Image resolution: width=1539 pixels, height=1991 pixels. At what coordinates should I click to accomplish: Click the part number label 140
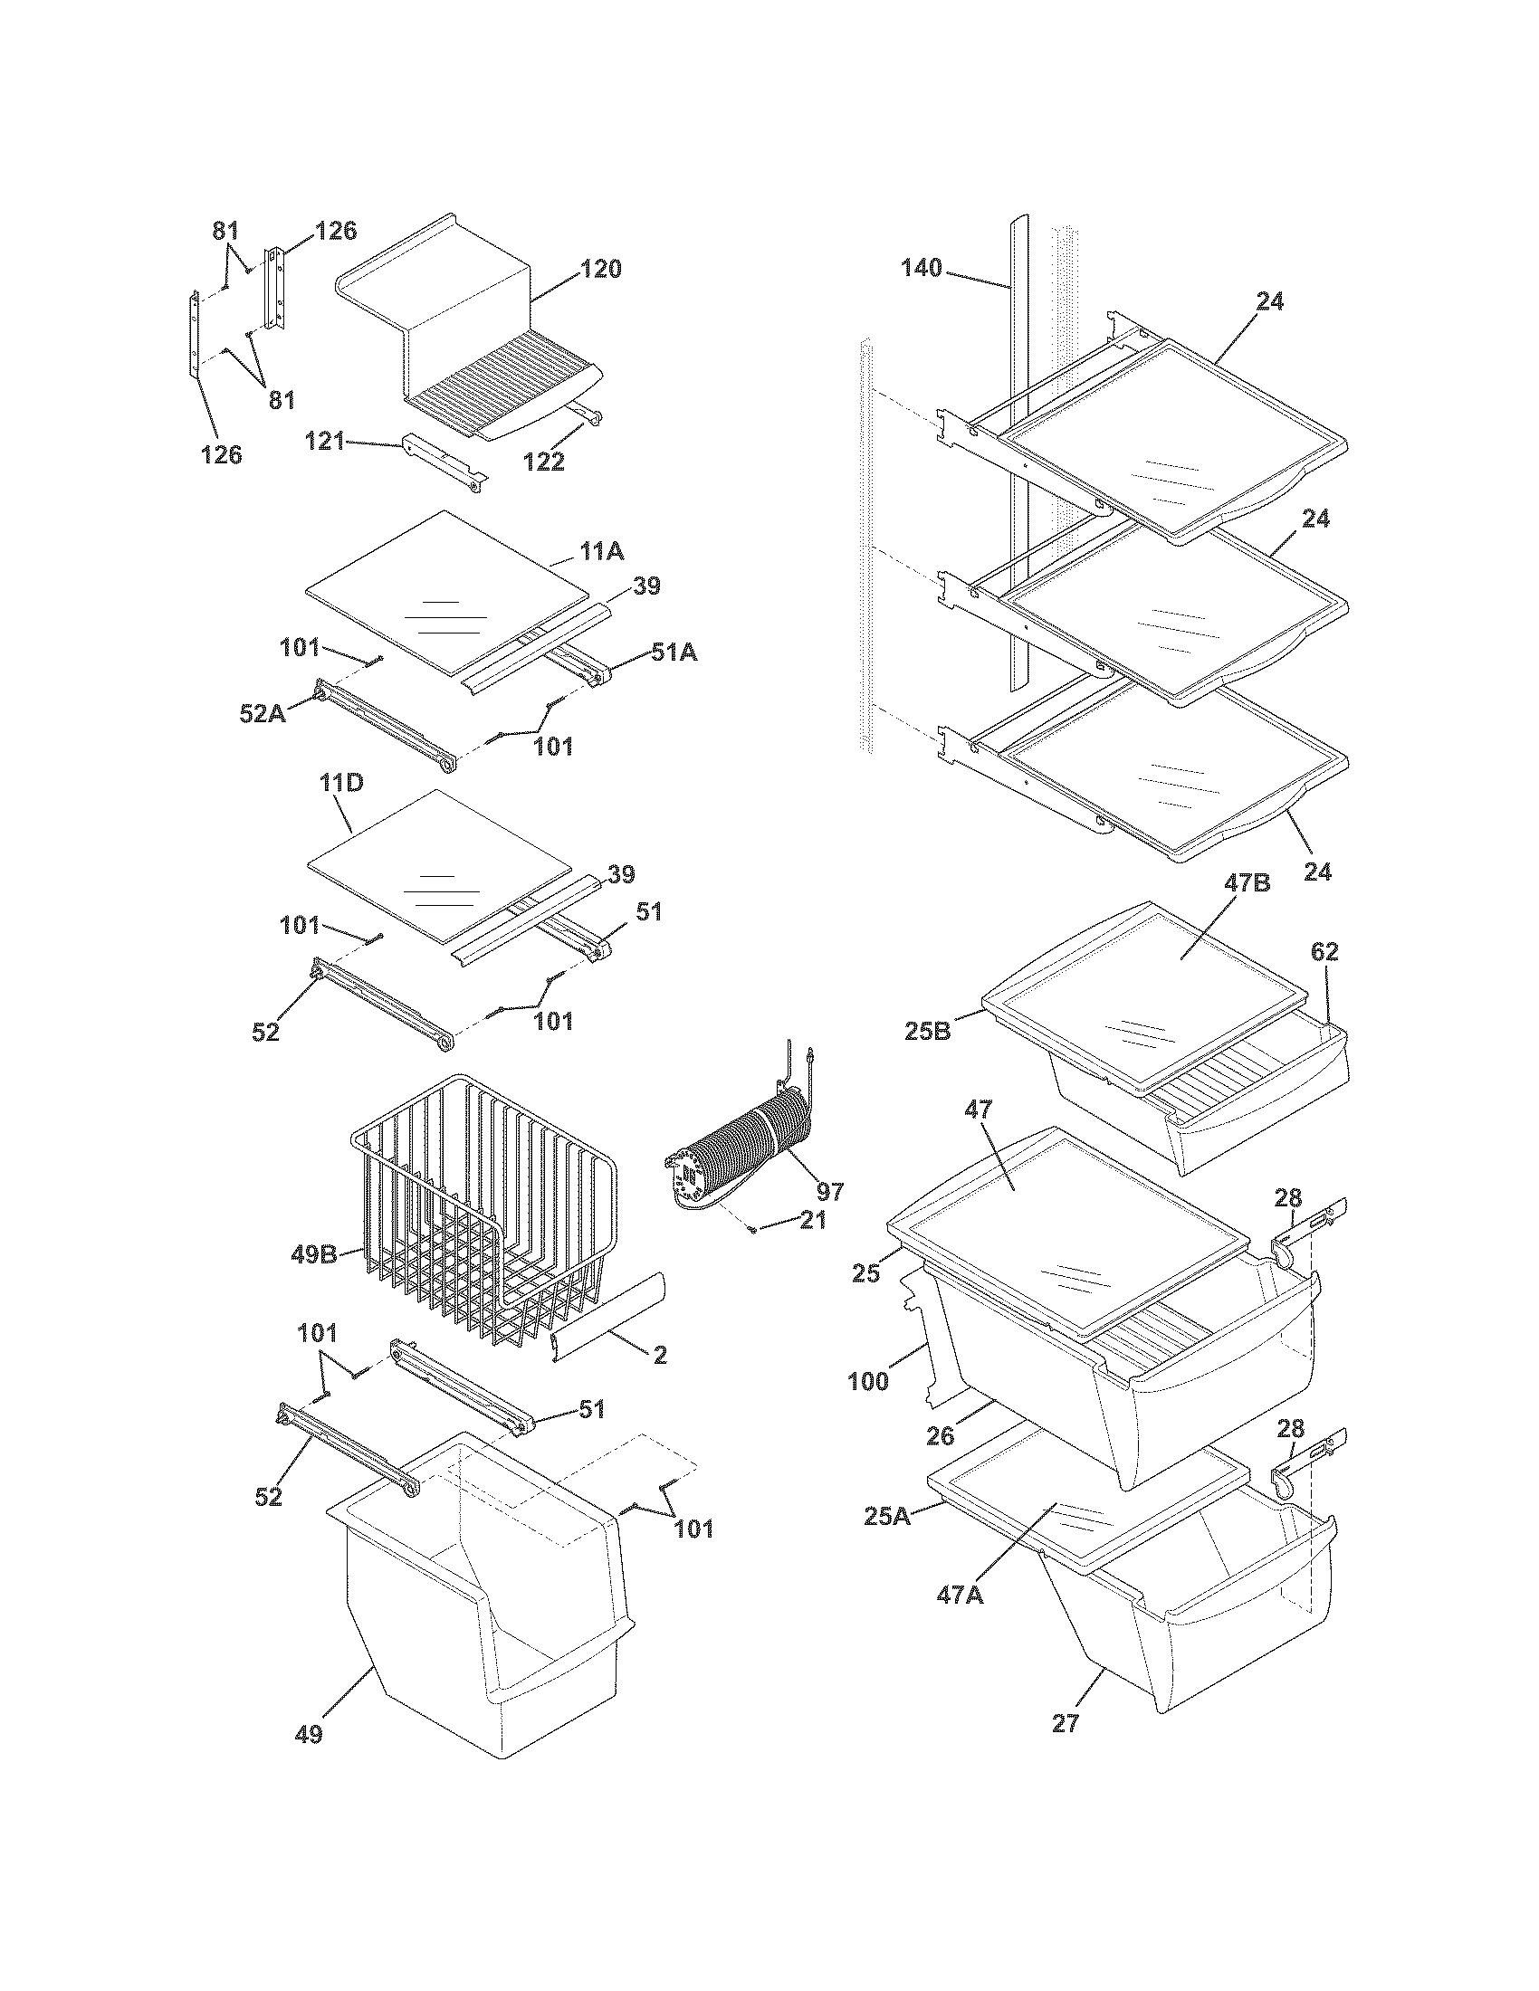coord(922,268)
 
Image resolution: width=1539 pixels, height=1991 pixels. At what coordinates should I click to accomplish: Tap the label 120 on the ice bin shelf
coord(601,269)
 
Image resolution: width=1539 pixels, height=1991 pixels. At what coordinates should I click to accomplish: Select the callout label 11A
coord(602,550)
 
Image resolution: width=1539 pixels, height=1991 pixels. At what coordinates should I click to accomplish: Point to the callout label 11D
coord(341,783)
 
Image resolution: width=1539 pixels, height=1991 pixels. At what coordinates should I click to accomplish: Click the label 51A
coord(674,653)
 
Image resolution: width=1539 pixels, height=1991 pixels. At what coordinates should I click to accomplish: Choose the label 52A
coord(262,714)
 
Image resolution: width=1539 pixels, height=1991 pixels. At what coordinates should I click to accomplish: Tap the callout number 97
coord(829,1191)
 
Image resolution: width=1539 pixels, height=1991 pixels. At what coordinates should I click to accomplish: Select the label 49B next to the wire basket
coord(314,1254)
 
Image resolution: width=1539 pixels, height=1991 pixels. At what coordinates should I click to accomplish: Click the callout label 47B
coord(1248,883)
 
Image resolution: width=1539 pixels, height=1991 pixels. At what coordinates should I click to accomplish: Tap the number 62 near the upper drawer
coord(1324,952)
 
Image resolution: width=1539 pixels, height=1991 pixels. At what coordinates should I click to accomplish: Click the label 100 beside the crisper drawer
coord(868,1381)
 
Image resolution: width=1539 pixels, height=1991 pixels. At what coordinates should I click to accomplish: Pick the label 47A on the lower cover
coord(958,1595)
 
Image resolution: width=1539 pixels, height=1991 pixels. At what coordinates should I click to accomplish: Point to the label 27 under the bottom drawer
coord(1066,1723)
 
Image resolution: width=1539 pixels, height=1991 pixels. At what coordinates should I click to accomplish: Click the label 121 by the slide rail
coord(325,443)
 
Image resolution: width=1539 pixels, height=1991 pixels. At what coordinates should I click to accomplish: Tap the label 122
coord(543,462)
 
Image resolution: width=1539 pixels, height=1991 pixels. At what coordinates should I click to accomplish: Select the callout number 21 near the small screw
coord(811,1220)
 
